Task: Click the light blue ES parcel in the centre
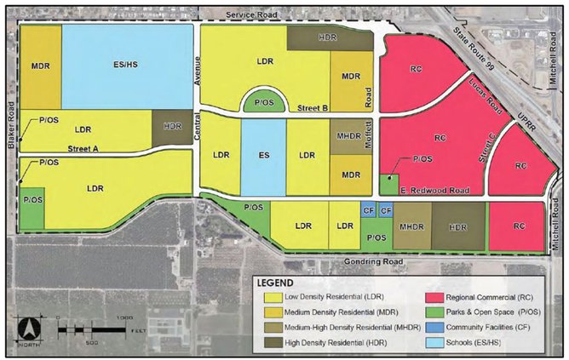[x=263, y=157]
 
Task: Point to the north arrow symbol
[x=32, y=327]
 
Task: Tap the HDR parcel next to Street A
[x=173, y=127]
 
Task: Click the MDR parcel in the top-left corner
[x=39, y=66]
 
